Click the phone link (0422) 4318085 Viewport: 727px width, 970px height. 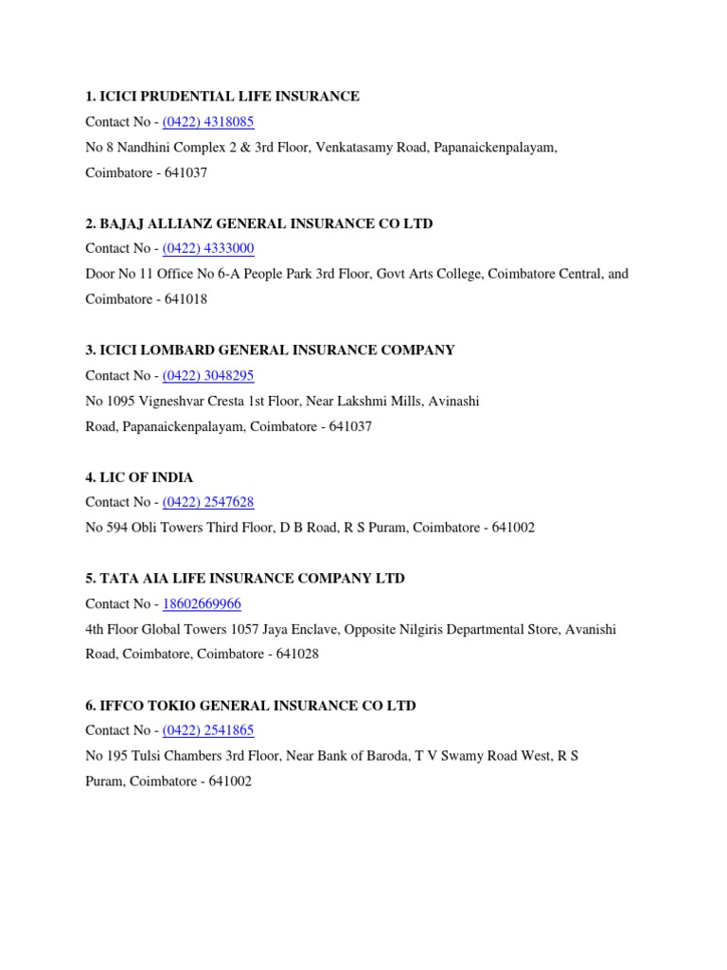208,122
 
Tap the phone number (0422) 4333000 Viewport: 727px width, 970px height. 208,249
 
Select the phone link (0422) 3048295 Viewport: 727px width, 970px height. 208,376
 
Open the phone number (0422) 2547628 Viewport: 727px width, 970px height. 208,503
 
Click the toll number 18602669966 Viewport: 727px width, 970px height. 202,604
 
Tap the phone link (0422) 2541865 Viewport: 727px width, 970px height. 208,731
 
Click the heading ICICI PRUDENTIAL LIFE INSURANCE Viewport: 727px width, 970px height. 222,97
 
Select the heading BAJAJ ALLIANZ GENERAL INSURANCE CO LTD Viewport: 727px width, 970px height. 259,224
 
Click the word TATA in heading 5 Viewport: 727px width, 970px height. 117,579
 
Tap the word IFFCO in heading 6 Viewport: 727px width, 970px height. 122,706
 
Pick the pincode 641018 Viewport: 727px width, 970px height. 186,300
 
